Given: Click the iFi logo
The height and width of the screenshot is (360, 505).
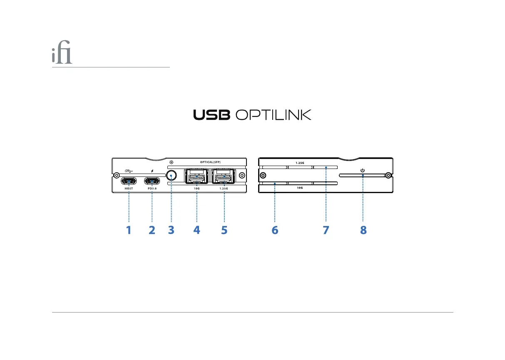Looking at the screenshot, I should point(62,56).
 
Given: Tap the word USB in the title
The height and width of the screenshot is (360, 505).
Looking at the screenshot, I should point(211,115).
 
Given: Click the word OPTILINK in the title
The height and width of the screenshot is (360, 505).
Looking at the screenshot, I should point(274,115).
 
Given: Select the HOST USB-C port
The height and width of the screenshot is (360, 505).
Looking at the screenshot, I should point(129,181).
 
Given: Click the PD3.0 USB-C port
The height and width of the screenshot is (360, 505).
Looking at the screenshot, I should point(152,181).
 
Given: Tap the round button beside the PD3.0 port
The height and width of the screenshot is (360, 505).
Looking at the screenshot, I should point(171,176).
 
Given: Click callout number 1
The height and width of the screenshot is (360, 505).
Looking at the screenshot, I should point(129,230).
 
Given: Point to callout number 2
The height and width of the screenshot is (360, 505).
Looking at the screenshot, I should point(152,230).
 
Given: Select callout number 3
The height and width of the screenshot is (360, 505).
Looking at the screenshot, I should point(171,230).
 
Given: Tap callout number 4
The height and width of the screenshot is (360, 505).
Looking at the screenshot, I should point(197,230).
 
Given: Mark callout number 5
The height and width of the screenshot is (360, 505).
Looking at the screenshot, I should point(224,230).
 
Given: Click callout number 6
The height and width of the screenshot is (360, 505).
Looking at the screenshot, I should point(275,230).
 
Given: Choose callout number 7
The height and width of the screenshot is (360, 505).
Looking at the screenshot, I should point(326,230).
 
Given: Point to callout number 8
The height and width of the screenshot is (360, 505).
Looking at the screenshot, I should point(363,230).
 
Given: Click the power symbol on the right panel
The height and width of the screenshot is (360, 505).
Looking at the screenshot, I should point(363,171).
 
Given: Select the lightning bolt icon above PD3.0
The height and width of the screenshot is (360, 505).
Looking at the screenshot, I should point(152,171).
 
